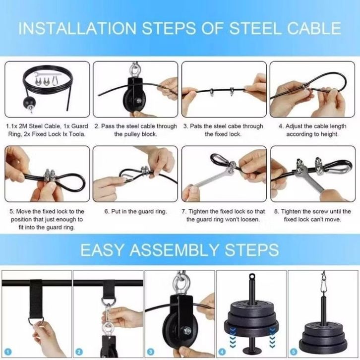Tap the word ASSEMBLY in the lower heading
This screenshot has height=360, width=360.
(174, 250)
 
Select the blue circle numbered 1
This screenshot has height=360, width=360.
(8, 352)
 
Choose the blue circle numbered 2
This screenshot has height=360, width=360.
(79, 352)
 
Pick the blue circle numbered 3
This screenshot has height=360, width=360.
(151, 352)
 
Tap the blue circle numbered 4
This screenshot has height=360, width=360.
(222, 352)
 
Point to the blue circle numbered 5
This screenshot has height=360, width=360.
(294, 352)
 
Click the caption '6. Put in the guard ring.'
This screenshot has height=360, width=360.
(135, 211)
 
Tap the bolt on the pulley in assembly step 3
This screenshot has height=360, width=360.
(187, 331)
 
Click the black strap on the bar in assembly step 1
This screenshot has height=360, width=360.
(36, 299)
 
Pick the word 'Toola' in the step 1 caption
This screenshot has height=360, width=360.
(77, 134)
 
